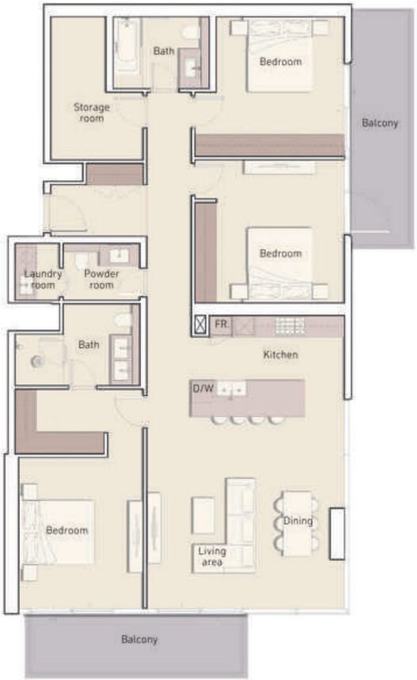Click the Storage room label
click(x=92, y=112)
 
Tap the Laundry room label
click(x=43, y=279)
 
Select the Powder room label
click(x=101, y=279)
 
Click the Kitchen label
click(x=280, y=355)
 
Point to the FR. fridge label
click(x=222, y=325)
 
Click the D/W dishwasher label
click(x=203, y=389)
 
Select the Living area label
click(x=211, y=557)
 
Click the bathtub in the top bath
click(x=127, y=47)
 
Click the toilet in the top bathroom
click(x=190, y=32)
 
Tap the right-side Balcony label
click(x=380, y=123)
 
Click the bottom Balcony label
click(x=139, y=639)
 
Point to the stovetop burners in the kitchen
click(x=290, y=326)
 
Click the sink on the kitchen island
click(x=233, y=389)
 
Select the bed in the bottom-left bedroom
click(x=60, y=531)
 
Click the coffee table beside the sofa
click(x=203, y=515)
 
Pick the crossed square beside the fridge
click(x=201, y=325)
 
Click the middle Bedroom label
click(x=281, y=254)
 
